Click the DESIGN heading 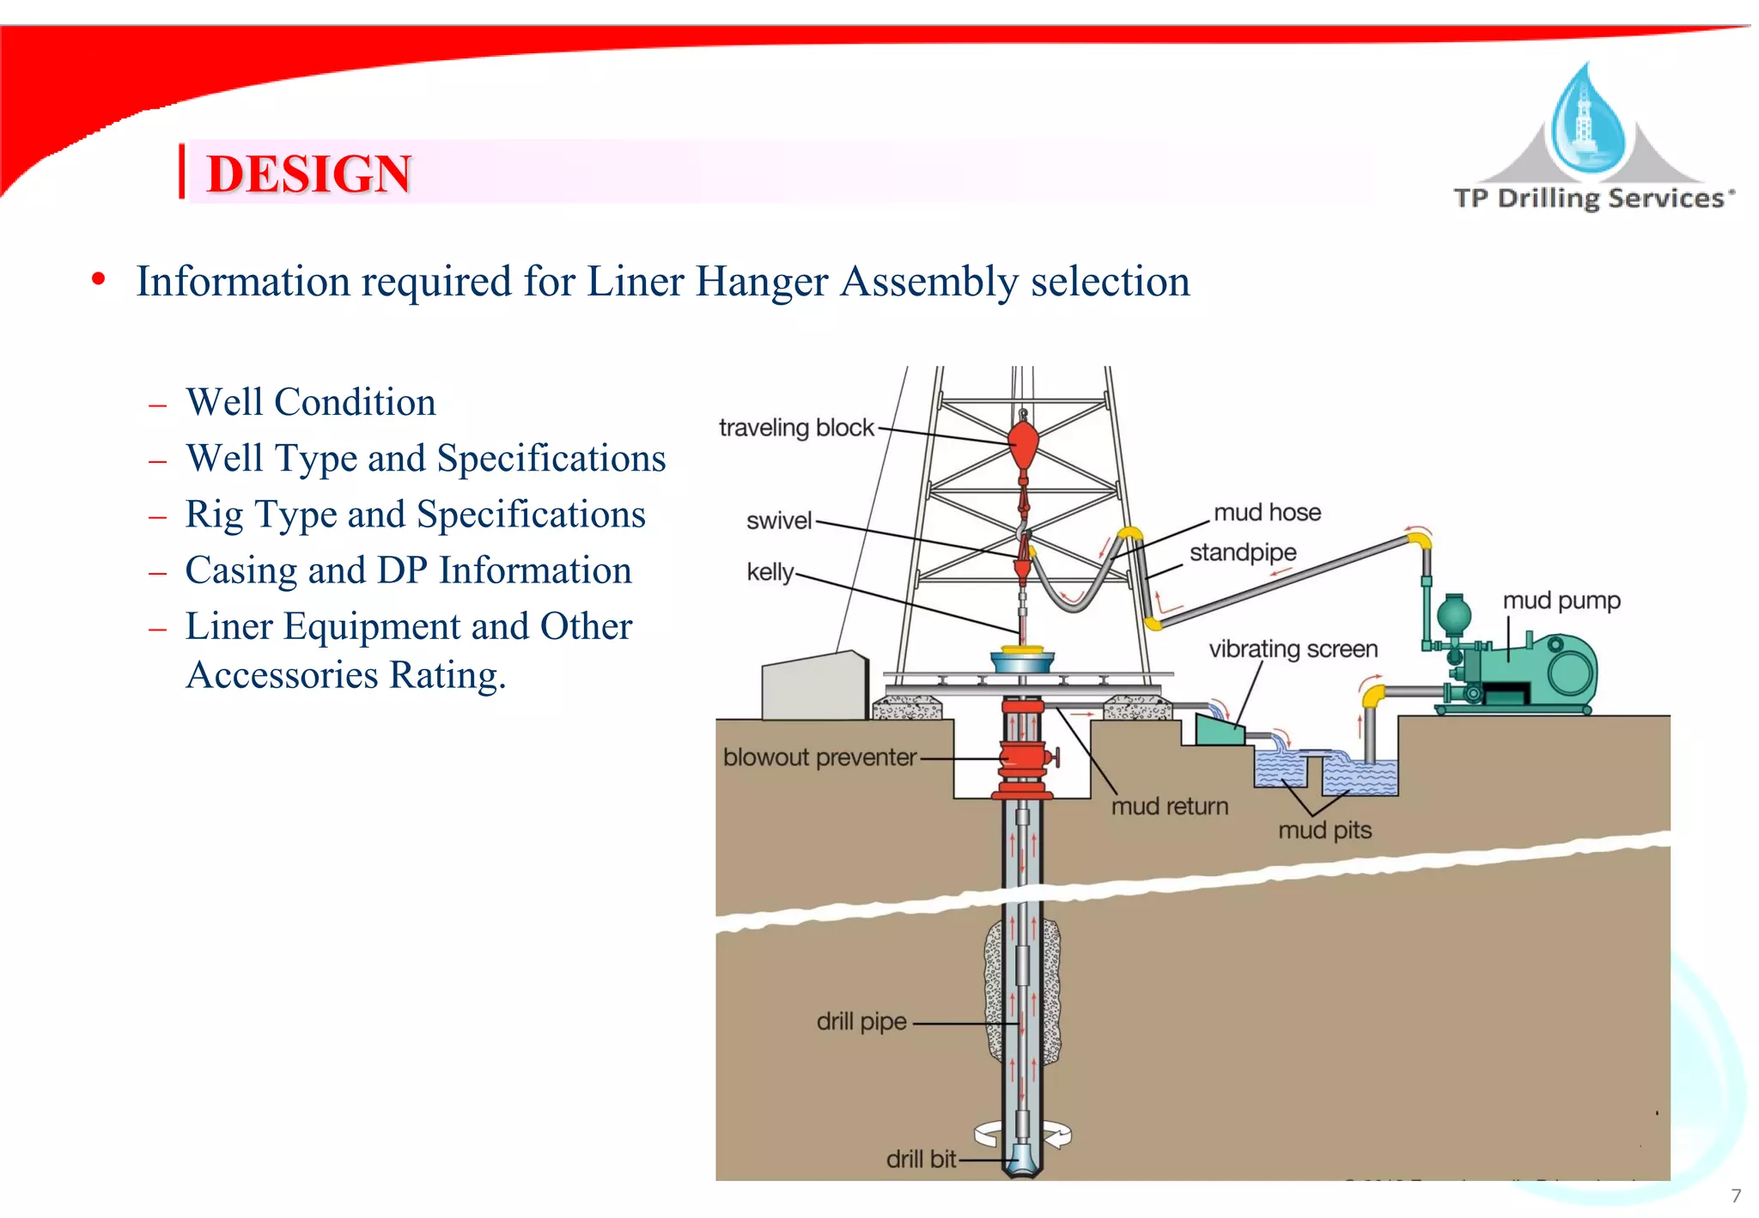[x=308, y=174]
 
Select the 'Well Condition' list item [x=311, y=402]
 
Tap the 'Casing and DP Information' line [x=408, y=570]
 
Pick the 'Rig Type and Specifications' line [x=415, y=515]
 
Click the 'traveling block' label [x=795, y=428]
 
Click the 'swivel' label [x=778, y=521]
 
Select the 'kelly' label [x=770, y=572]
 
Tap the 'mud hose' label [x=1267, y=513]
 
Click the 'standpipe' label [x=1243, y=552]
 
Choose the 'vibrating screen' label [x=1293, y=649]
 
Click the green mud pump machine [x=1537, y=674]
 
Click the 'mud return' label [x=1169, y=807]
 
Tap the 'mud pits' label [x=1324, y=831]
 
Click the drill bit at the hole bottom [x=1023, y=1160]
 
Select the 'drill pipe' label [x=861, y=1022]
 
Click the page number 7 [x=1736, y=1196]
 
